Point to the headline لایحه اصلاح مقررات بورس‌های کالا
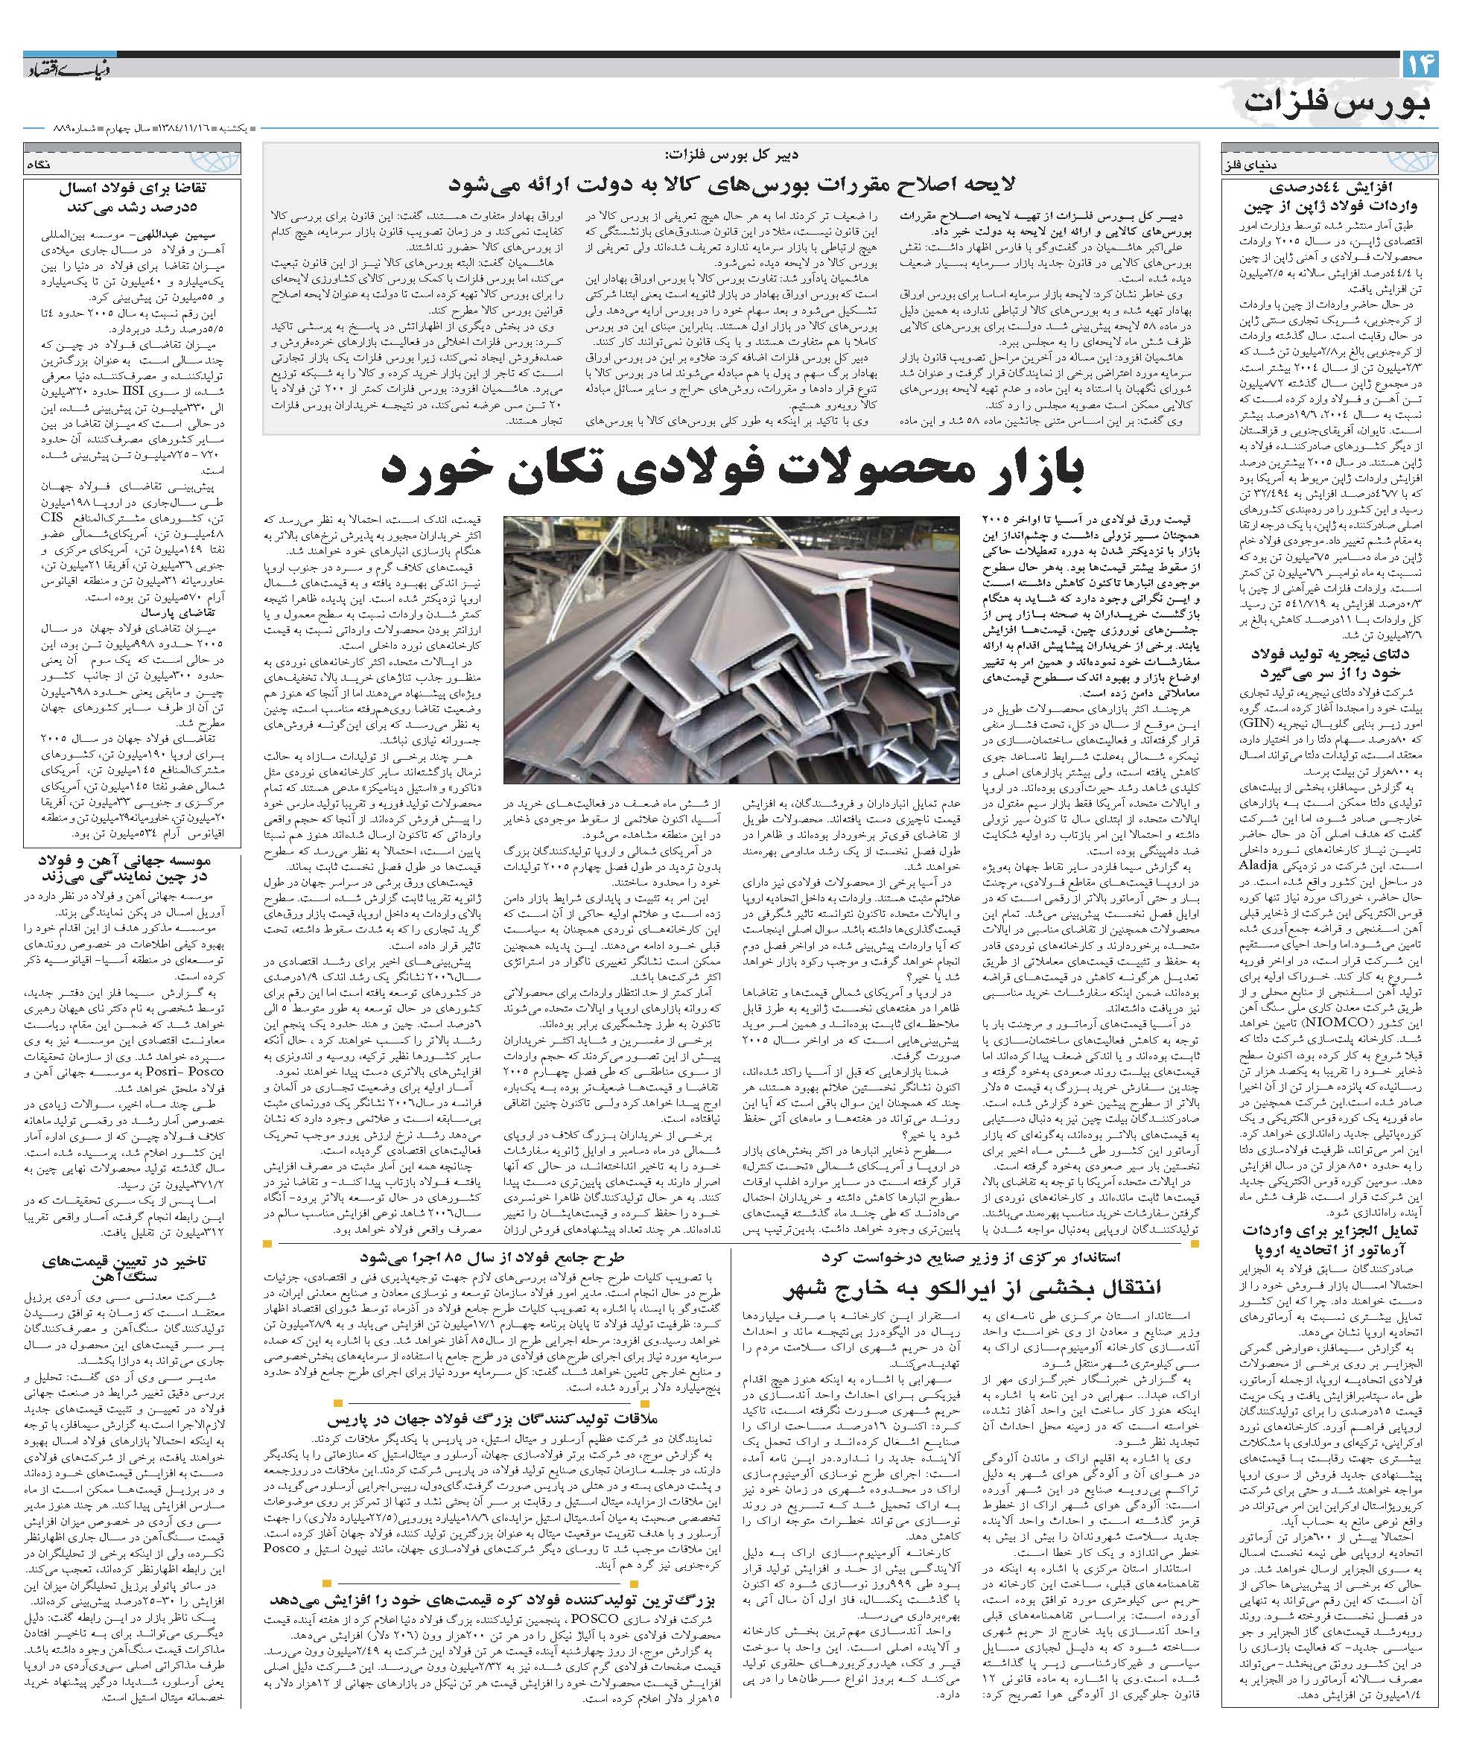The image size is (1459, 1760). coord(731,185)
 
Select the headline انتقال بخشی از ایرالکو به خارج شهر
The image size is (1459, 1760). coord(964,1286)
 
